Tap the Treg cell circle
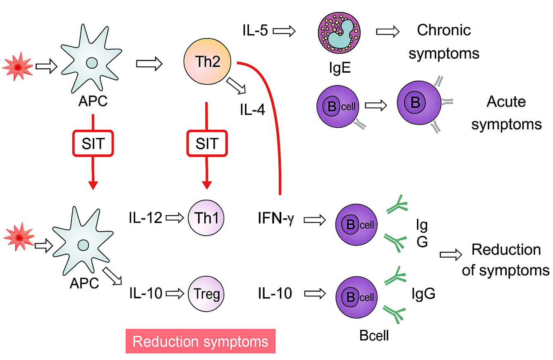pyautogui.click(x=206, y=293)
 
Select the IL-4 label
pyautogui.click(x=253, y=110)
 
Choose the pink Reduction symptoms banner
pyautogui.click(x=200, y=341)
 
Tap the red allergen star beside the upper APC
pyautogui.click(x=18, y=67)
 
